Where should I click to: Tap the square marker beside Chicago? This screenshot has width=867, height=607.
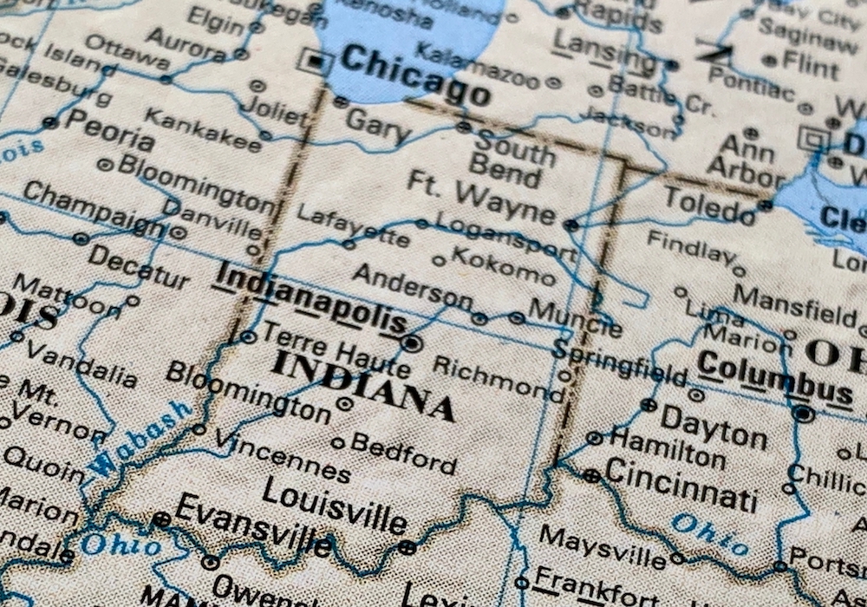pos(315,61)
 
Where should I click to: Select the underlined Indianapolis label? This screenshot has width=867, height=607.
pos(310,299)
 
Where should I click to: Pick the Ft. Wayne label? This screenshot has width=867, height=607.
pos(481,197)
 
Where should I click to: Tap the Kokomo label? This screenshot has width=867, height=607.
pos(504,264)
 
